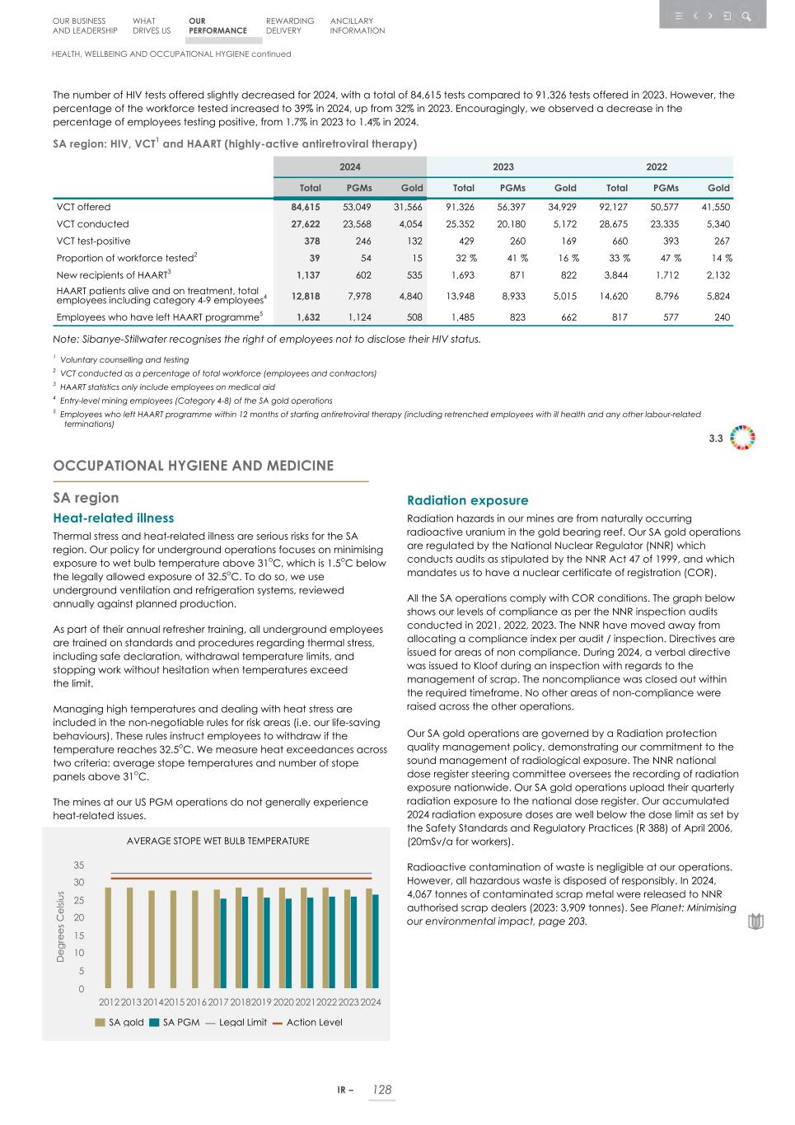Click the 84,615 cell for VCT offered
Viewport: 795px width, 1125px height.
pos(304,207)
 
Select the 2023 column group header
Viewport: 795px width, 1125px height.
pos(503,166)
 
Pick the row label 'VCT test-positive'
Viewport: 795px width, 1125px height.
pos(93,241)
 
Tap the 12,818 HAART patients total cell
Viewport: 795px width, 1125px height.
pos(304,296)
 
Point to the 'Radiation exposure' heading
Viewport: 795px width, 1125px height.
pos(468,500)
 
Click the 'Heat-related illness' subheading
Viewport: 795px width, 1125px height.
pos(113,518)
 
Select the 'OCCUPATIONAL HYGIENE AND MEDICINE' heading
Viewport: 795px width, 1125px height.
pos(193,466)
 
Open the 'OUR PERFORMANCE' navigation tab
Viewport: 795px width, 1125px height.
pos(217,26)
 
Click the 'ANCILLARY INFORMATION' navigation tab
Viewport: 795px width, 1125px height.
pos(357,26)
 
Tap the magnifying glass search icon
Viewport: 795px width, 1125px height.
pos(746,16)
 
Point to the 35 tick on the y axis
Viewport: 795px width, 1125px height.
pos(79,865)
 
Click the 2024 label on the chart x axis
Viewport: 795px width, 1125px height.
pos(371,1001)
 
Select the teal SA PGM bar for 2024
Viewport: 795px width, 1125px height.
pos(376,942)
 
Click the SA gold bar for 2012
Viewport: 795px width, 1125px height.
pos(108,938)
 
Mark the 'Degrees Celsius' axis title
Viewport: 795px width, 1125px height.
pos(60,926)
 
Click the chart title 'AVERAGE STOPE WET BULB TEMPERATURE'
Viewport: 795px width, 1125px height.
pos(217,841)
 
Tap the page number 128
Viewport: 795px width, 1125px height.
pos(381,1090)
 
